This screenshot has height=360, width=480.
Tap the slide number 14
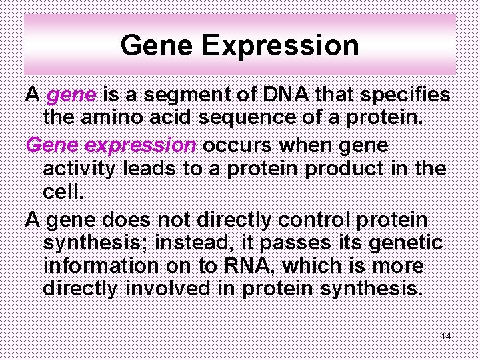(x=446, y=336)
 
